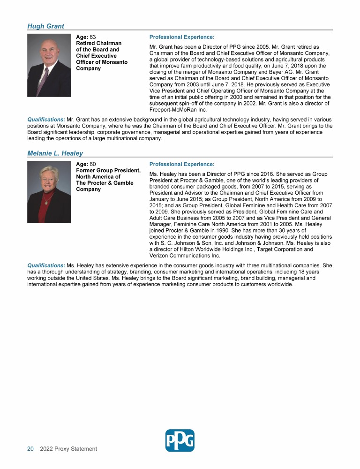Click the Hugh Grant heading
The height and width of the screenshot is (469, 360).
click(x=45, y=26)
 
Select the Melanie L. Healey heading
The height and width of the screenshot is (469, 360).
click(x=55, y=153)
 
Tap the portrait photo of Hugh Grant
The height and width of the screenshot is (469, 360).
click(x=49, y=65)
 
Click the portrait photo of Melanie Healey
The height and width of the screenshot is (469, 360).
click(x=49, y=192)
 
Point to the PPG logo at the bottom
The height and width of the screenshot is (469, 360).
click(x=180, y=440)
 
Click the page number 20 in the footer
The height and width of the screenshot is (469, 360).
click(x=30, y=449)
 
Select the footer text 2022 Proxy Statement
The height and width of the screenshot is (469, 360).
click(x=68, y=449)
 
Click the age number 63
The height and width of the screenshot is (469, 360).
click(x=93, y=37)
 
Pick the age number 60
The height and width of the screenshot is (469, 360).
click(x=93, y=164)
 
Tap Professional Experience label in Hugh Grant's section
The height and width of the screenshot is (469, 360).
click(x=181, y=37)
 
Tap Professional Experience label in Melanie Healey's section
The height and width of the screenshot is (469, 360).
click(x=181, y=164)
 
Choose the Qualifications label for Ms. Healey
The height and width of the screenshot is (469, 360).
click(x=46, y=265)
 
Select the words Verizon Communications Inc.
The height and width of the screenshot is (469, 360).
click(x=184, y=256)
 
